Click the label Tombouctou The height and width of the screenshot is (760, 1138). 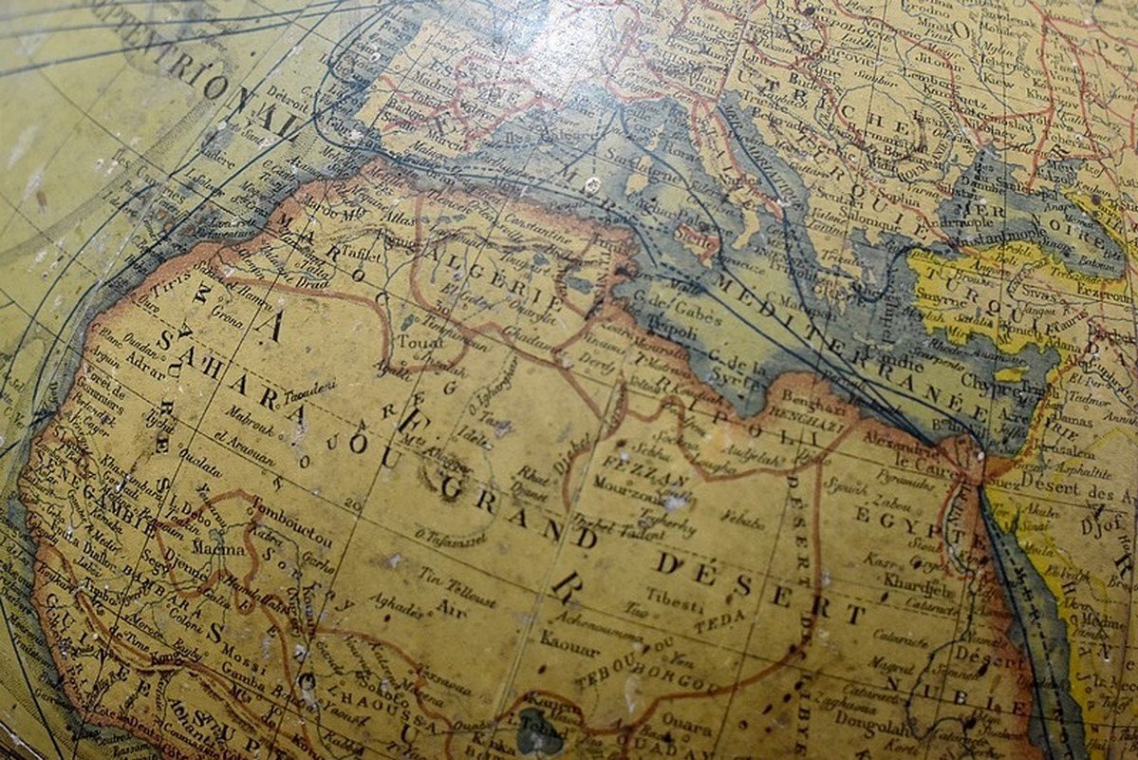pyautogui.click(x=292, y=536)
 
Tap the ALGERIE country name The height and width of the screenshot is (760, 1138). pyautogui.click(x=485, y=261)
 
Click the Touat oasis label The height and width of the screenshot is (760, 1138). pyautogui.click(x=415, y=340)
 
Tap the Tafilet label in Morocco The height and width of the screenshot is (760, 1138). pyautogui.click(x=362, y=254)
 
